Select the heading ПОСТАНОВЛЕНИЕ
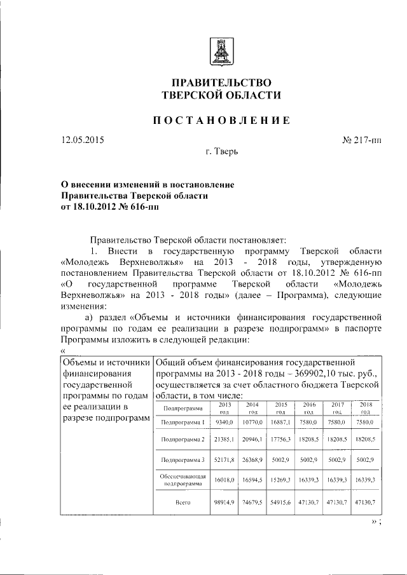click(221, 120)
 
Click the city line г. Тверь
click(222, 152)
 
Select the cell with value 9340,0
click(225, 421)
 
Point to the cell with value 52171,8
click(225, 459)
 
